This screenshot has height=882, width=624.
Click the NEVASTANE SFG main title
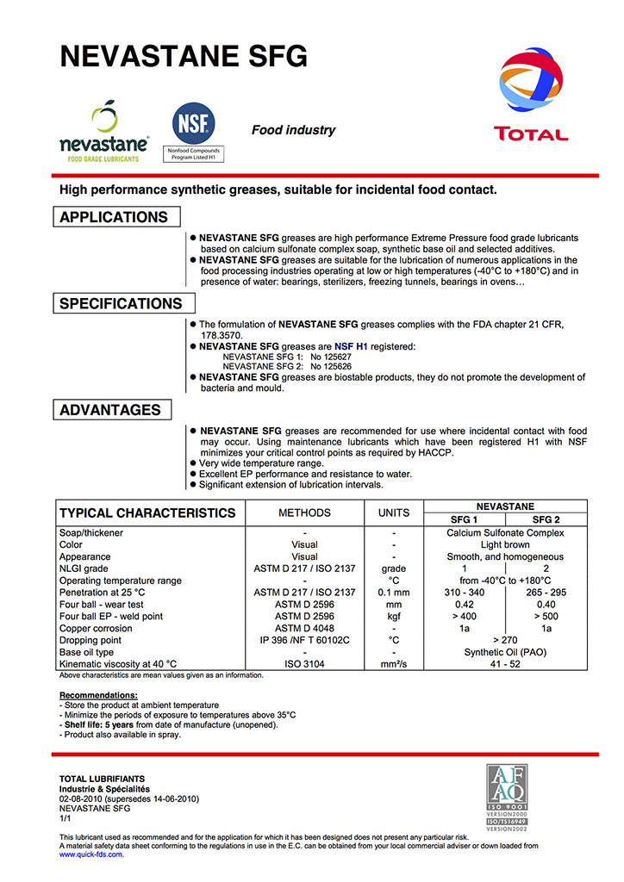click(183, 56)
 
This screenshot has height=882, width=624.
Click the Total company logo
click(530, 95)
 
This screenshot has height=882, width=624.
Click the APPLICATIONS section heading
click(114, 217)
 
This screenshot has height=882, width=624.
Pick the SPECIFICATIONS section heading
click(121, 303)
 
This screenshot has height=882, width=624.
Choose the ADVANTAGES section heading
click(110, 410)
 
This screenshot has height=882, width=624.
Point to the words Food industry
click(293, 130)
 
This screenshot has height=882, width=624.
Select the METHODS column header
click(304, 513)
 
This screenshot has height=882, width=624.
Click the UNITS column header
click(394, 513)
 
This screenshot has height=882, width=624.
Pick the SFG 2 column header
click(546, 520)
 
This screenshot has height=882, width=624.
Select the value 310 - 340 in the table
click(465, 593)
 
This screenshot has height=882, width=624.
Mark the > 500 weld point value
click(546, 617)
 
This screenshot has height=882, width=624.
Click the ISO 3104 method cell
click(304, 664)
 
